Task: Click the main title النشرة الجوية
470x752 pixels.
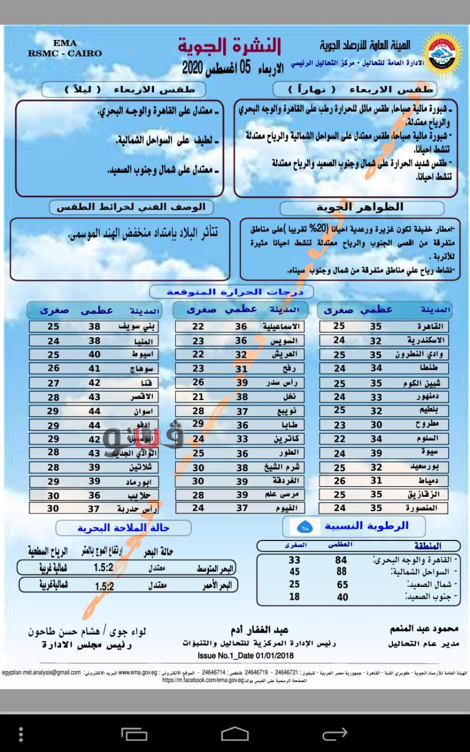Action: click(x=230, y=46)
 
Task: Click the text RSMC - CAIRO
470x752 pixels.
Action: click(x=65, y=53)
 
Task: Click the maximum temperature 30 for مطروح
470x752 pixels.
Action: click(x=375, y=425)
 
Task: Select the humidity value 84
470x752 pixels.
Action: click(x=341, y=560)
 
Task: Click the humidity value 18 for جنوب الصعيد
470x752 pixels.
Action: click(x=294, y=597)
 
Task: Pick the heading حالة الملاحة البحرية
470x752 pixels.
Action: click(x=123, y=528)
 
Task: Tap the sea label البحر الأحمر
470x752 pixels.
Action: click(x=216, y=585)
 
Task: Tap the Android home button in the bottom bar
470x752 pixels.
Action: click(x=235, y=733)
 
